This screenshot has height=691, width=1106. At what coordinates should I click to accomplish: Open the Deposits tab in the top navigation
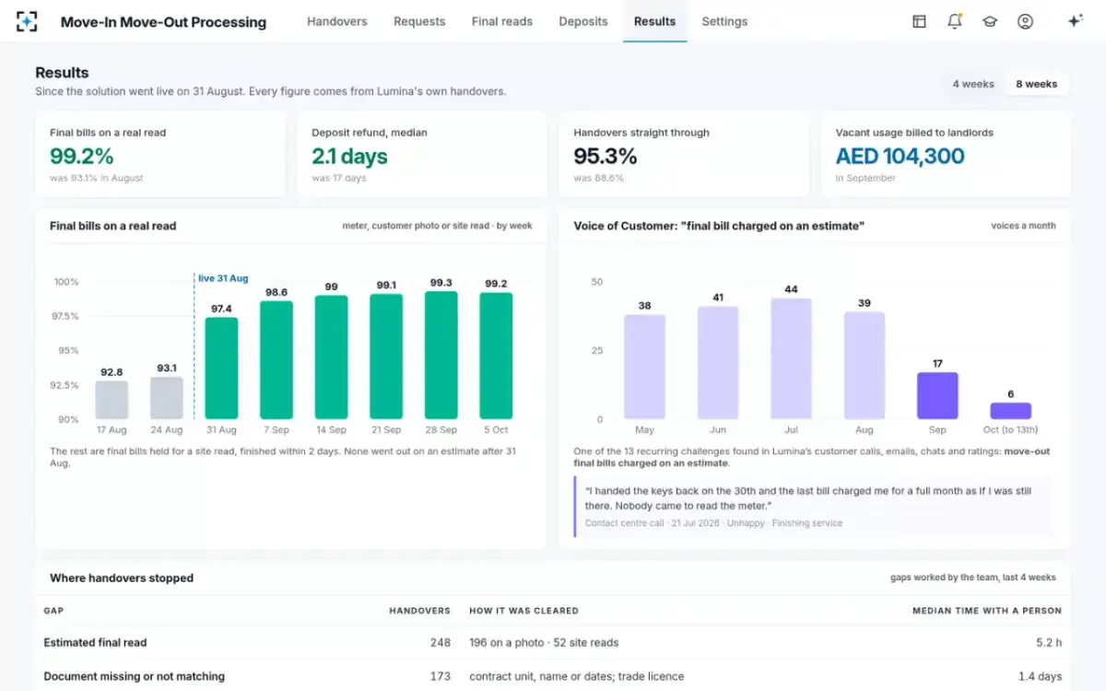tap(583, 22)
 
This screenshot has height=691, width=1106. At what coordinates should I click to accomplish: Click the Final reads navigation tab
tap(501, 22)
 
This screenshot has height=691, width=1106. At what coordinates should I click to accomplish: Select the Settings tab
tap(724, 22)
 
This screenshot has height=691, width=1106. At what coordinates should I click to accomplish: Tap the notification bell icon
tap(955, 21)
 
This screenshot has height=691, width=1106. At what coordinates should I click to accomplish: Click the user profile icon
tap(1025, 21)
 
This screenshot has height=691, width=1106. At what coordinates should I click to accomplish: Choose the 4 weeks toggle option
tap(973, 85)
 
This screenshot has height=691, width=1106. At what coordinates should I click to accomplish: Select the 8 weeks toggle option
tap(1036, 85)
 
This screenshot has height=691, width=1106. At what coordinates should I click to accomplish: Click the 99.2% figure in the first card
tap(81, 157)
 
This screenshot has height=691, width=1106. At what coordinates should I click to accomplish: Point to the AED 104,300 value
tap(900, 157)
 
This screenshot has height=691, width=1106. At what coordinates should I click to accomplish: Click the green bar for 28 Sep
tap(441, 355)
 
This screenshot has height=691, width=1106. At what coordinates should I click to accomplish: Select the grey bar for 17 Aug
tap(112, 400)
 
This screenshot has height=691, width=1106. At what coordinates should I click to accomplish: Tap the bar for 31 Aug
tap(221, 369)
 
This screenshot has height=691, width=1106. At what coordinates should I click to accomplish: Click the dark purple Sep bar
tap(937, 396)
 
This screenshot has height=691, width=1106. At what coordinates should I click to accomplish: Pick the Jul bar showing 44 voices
tap(791, 358)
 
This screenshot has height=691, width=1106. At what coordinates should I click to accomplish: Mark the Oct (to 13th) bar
tap(1011, 411)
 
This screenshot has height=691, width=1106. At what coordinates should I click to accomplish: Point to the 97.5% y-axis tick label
tap(65, 316)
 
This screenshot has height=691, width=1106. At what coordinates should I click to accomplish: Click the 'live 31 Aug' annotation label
tap(223, 278)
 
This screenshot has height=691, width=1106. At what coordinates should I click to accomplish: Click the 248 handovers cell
tap(440, 643)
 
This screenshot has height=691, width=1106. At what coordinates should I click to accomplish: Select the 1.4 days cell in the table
tap(1040, 676)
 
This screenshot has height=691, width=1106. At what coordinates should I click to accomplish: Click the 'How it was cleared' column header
tap(524, 611)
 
